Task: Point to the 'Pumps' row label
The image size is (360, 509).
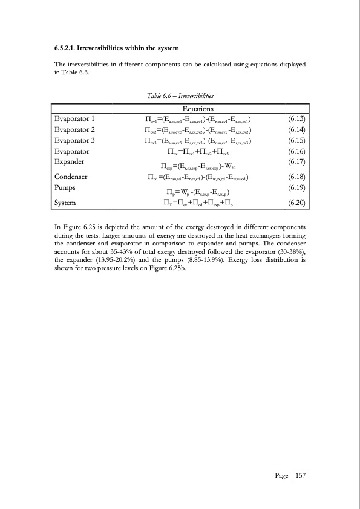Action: pos(66,188)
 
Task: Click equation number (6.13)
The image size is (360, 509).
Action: pos(294,119)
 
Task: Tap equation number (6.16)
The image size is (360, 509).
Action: pos(294,152)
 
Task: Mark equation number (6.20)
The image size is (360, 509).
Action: pos(294,203)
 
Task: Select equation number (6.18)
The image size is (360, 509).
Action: pos(294,177)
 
